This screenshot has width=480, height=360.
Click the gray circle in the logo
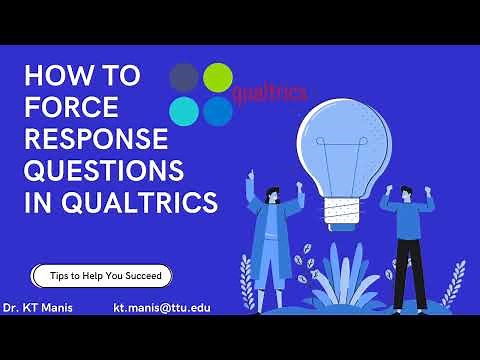point(184,77)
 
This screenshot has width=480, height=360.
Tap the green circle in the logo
point(218,77)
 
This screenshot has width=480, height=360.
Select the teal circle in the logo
point(184,111)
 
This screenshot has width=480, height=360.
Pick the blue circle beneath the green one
point(218,111)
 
